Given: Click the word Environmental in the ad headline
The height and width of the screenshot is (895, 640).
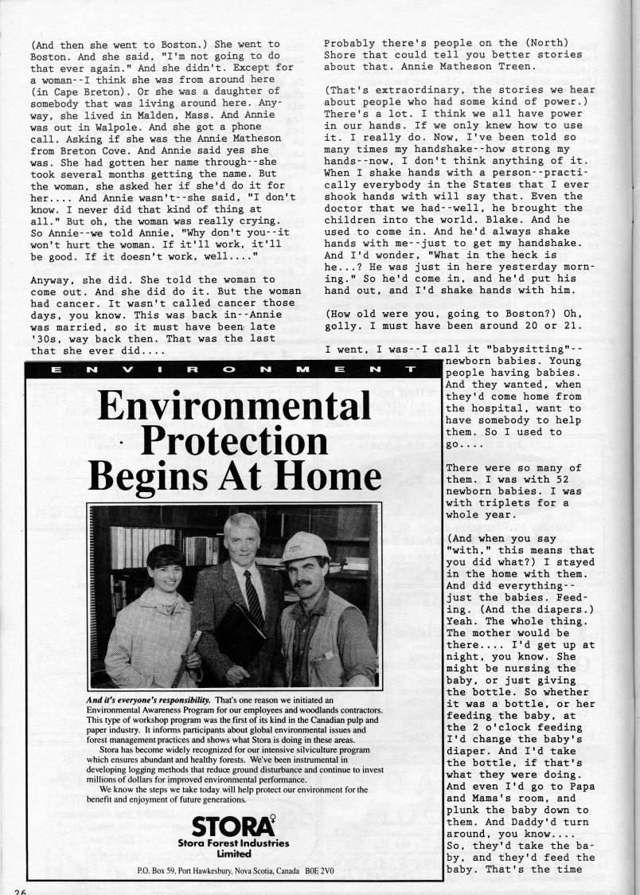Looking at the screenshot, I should [x=234, y=407].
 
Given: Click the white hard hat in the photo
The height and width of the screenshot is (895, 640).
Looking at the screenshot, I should [x=305, y=547].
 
